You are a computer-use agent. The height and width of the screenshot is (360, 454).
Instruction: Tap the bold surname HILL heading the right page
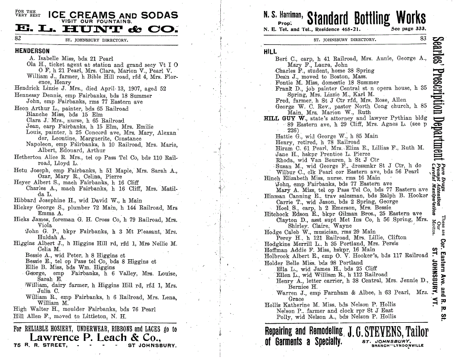270,51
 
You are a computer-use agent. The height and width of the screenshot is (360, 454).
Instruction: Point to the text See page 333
408,29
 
